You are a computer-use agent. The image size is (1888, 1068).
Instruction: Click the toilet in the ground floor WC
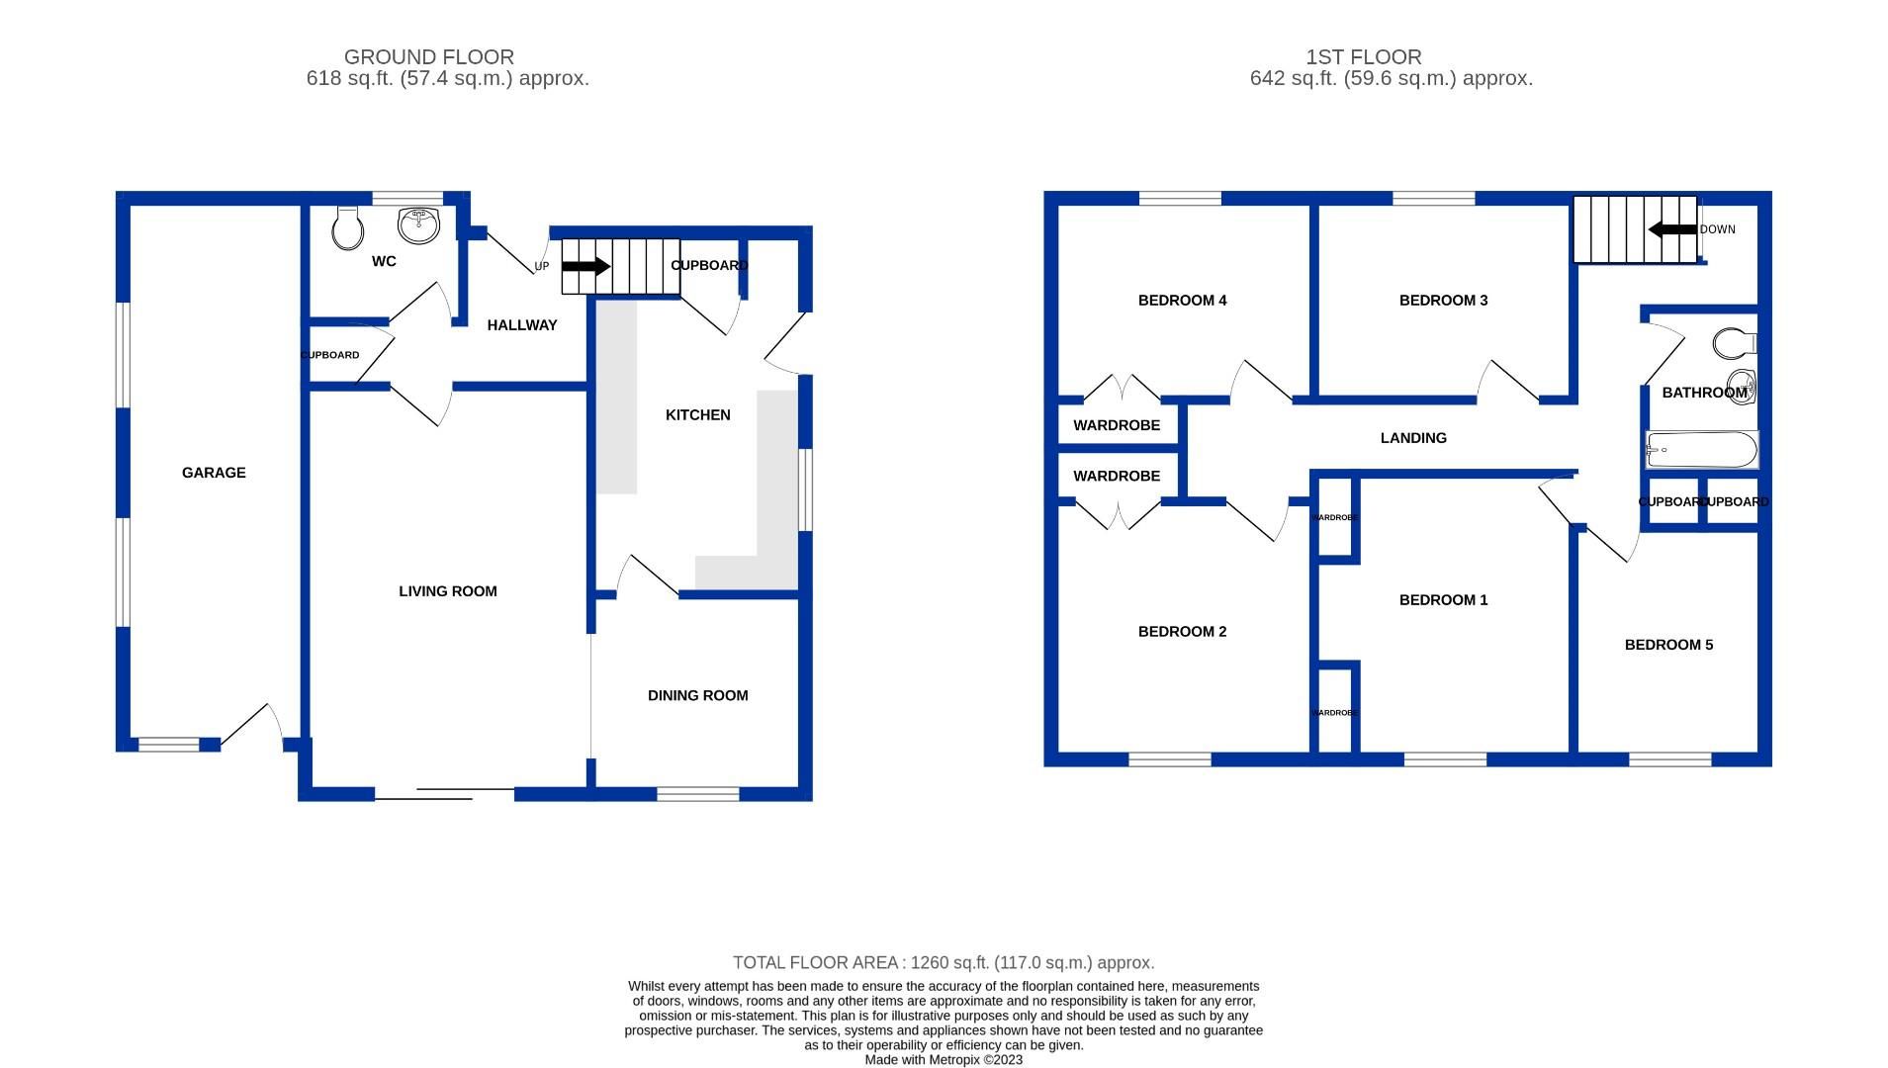click(347, 228)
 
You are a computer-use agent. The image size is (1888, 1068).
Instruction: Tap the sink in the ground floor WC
click(418, 224)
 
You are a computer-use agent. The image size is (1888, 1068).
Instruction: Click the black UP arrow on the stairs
click(586, 266)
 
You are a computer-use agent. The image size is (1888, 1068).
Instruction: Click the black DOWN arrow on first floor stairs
click(1672, 229)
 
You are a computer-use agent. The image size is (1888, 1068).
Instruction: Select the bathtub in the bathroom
click(1701, 450)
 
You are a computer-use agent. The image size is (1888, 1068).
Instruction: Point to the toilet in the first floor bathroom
click(1734, 343)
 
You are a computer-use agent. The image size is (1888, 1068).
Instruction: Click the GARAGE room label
click(214, 473)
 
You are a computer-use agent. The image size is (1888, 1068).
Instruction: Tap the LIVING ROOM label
click(448, 591)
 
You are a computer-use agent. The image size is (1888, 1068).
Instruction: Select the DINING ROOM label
click(697, 695)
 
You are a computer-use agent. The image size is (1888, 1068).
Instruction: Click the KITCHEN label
click(697, 415)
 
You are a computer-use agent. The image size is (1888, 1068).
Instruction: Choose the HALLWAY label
click(522, 325)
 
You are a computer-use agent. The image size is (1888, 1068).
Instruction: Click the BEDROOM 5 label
click(1668, 645)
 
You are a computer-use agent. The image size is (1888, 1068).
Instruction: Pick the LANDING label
click(1413, 438)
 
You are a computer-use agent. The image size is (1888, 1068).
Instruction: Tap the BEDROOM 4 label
click(1182, 301)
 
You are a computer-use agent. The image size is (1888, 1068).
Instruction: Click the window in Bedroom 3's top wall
click(1433, 199)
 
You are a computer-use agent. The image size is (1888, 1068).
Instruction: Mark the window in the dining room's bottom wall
click(697, 793)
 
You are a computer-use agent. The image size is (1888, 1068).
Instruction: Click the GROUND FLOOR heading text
click(428, 57)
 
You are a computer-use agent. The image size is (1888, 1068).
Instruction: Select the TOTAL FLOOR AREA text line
click(944, 962)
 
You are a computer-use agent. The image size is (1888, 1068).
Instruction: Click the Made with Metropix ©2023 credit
click(944, 1059)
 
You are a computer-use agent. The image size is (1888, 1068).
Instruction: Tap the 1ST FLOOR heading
click(1363, 57)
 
